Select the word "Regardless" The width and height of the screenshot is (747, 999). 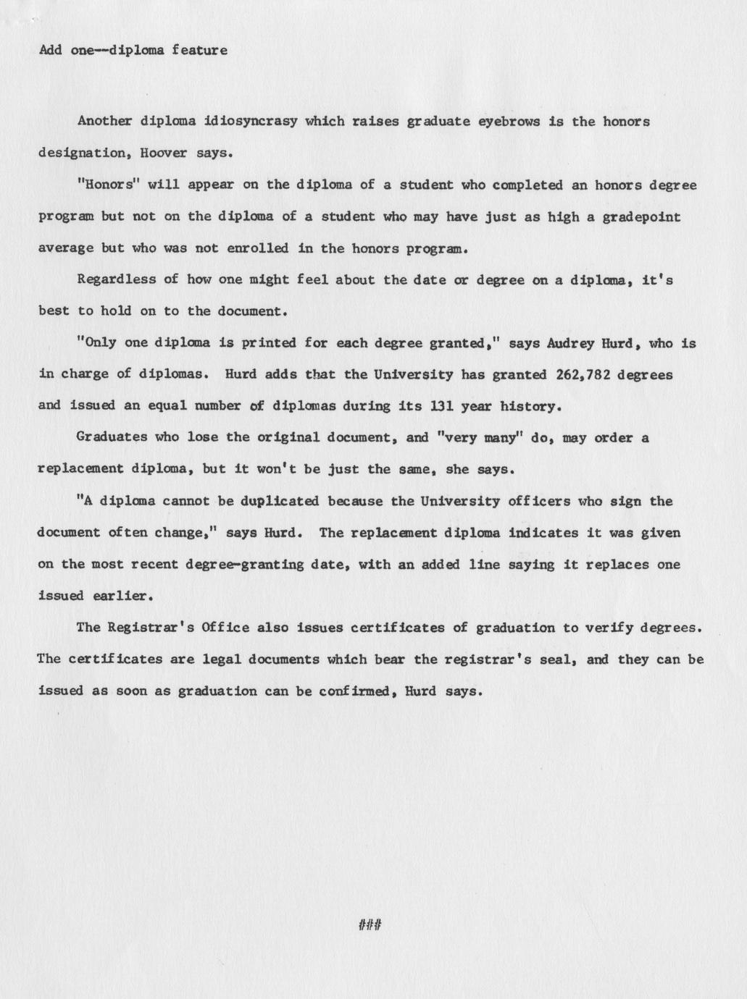point(116,279)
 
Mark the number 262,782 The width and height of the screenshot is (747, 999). point(581,375)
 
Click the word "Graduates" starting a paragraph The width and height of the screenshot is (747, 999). point(111,438)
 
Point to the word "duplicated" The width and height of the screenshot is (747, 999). point(280,501)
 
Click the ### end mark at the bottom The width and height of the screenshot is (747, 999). point(370,924)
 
